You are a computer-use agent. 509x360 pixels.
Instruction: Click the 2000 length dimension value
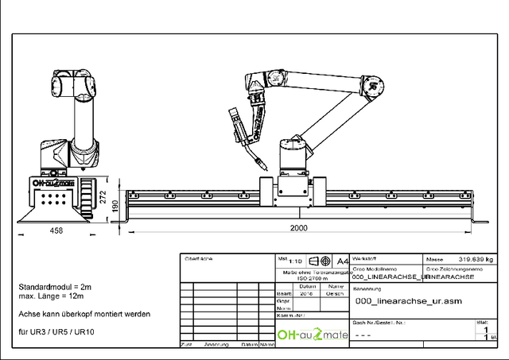pos(298,228)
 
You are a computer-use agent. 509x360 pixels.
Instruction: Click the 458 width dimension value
pos(56,230)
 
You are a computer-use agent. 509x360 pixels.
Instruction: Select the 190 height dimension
pos(116,206)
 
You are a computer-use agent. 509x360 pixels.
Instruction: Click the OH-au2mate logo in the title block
pos(313,335)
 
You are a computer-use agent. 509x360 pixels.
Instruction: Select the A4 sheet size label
pos(343,261)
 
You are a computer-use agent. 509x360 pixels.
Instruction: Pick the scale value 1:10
pos(296,261)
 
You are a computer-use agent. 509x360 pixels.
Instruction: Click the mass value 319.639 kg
pos(475,259)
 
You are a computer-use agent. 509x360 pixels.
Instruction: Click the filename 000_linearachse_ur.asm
pos(408,301)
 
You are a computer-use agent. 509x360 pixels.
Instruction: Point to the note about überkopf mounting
pos(84,314)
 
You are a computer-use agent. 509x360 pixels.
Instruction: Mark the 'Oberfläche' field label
pos(199,258)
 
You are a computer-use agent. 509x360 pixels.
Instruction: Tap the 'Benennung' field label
pos(367,289)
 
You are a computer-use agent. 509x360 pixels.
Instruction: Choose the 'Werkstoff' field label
pos(364,259)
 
